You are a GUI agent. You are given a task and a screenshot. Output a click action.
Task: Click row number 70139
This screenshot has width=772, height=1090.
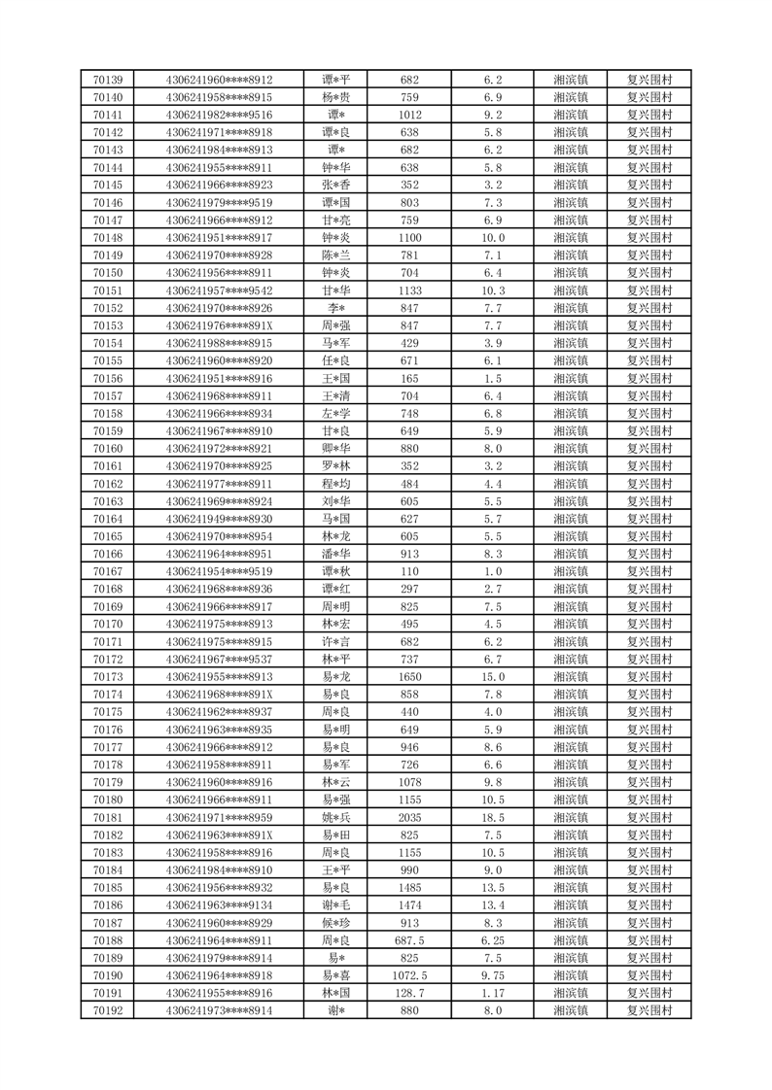[x=107, y=80]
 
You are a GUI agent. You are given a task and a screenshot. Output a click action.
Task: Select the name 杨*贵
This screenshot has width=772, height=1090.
[x=336, y=97]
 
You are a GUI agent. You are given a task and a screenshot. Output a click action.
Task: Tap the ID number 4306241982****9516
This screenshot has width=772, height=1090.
[x=219, y=115]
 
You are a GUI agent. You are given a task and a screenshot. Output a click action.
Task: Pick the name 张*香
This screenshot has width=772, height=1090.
[x=336, y=185]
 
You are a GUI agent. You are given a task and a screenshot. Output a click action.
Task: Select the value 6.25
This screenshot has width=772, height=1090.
[x=493, y=940]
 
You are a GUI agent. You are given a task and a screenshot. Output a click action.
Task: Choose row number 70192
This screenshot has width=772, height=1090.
[x=107, y=1010]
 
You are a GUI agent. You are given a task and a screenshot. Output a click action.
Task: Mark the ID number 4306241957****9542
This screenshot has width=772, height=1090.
[x=219, y=290]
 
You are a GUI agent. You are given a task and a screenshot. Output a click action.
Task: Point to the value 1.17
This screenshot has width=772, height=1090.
[x=493, y=993]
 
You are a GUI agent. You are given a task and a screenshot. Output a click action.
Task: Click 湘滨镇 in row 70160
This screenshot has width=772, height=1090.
[x=570, y=449]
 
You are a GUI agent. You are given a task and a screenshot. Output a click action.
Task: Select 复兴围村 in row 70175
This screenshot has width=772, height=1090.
[x=649, y=712]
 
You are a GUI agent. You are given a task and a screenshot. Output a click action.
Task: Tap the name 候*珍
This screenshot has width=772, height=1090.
[x=336, y=923]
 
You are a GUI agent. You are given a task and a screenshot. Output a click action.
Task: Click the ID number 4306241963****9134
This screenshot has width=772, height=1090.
[x=219, y=905]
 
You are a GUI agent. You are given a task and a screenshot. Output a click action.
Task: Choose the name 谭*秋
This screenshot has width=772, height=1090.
[x=336, y=571]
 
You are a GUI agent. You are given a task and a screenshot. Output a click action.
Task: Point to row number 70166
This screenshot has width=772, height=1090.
[x=107, y=554]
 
